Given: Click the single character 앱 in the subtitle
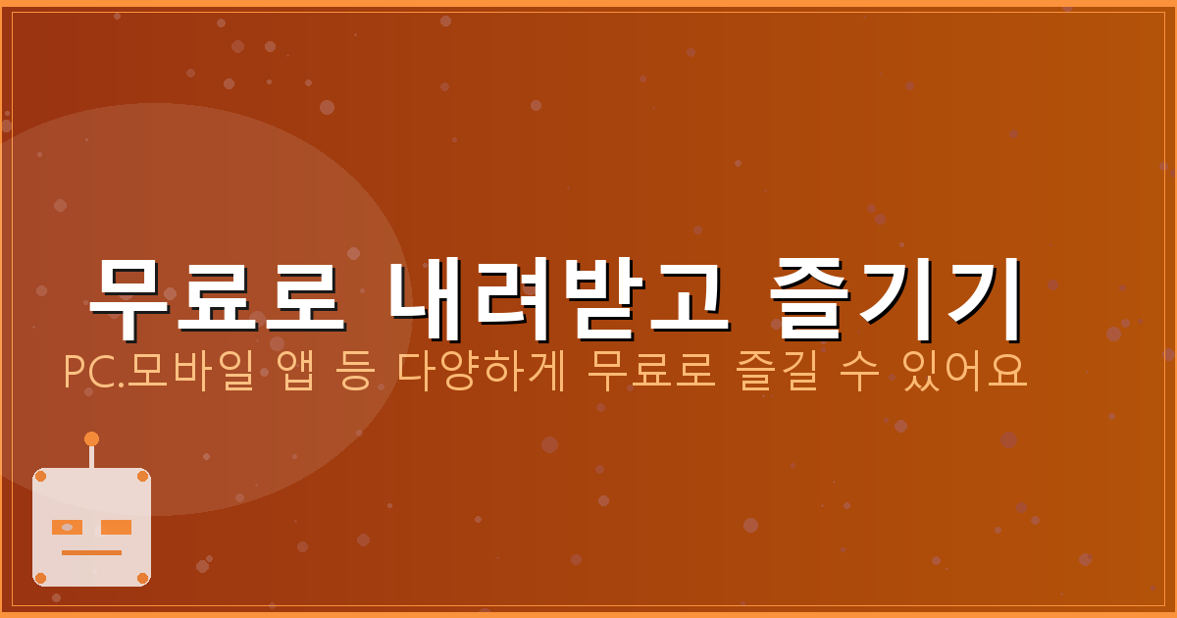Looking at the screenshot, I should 301,372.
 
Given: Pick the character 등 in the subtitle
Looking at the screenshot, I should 358,372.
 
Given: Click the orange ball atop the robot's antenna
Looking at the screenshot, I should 91,438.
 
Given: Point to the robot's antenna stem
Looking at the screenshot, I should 91,457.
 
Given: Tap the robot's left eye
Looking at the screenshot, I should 67,527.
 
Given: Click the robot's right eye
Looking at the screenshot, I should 116,527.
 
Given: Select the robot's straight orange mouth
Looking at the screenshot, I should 91,552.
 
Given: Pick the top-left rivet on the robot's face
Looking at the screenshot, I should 40,477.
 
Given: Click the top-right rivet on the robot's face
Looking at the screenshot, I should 142,477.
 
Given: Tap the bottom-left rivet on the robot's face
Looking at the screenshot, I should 40,578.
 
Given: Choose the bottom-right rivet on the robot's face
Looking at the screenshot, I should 142,578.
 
